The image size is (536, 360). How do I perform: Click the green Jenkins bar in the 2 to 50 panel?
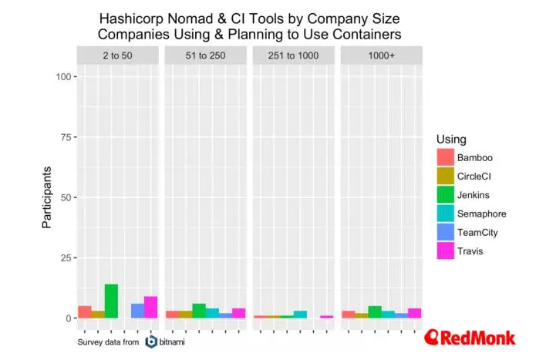point(111,301)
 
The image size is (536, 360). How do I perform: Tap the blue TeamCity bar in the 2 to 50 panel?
point(137,311)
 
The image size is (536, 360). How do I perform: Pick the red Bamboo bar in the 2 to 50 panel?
point(85,312)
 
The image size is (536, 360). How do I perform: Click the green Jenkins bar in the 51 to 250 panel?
point(199,311)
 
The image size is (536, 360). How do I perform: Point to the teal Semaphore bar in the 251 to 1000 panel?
point(300,315)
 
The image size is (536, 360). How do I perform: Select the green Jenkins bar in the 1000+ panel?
point(375,312)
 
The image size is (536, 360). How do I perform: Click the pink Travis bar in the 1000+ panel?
point(414,313)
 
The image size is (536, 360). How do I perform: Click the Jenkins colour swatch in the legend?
point(445,196)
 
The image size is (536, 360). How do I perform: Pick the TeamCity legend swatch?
point(445,233)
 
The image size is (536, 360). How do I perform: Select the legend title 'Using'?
point(450,138)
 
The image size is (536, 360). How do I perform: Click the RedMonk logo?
point(473,338)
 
